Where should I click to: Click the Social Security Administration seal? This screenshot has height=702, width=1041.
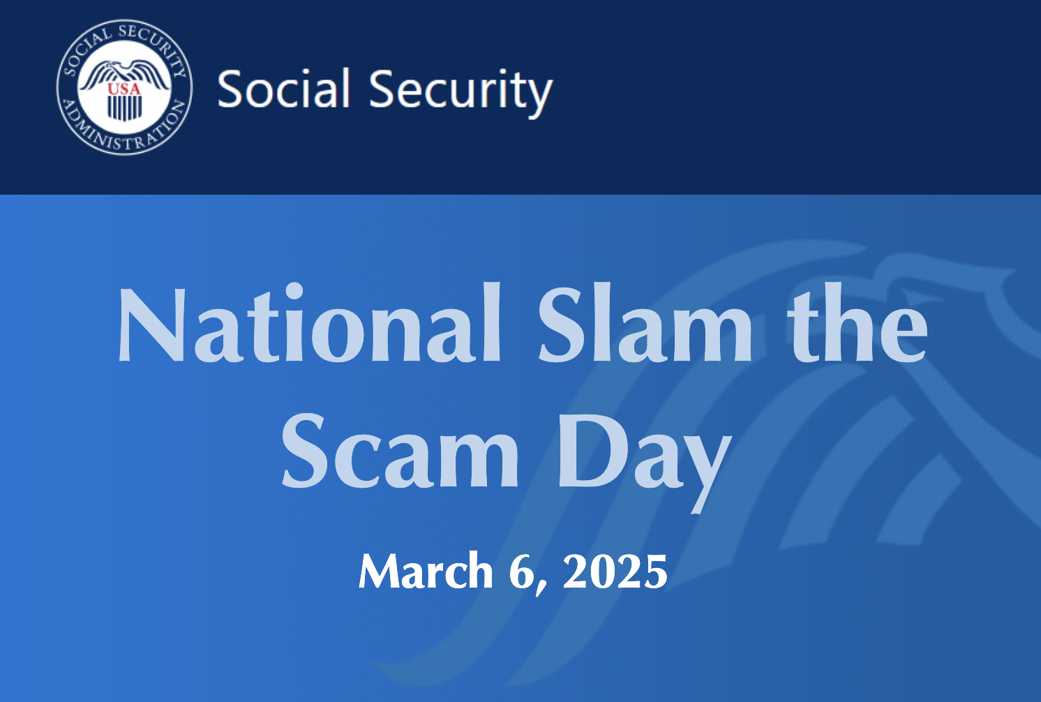[x=124, y=87]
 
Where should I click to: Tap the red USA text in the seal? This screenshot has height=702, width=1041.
[x=124, y=89]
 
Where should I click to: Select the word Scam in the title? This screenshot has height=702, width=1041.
[x=400, y=451]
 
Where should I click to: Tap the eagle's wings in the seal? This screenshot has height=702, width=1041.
[x=124, y=73]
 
